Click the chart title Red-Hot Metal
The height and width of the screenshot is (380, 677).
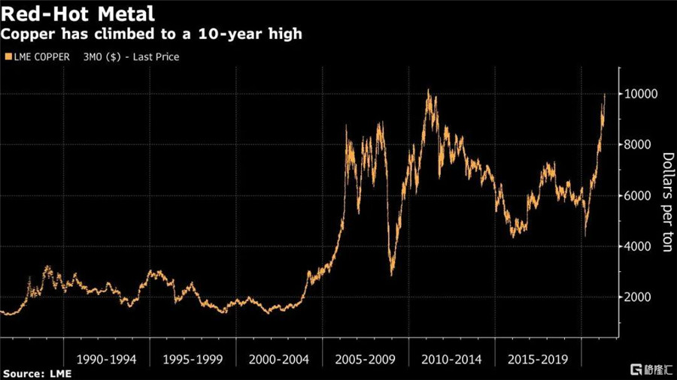tap(77, 14)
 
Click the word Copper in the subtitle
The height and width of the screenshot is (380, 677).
tap(28, 35)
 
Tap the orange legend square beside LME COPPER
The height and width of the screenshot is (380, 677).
tap(8, 56)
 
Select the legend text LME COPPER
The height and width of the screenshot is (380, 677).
tap(42, 57)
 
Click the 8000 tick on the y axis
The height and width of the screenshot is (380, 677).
tap(637, 144)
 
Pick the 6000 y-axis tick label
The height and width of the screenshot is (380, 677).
tap(637, 195)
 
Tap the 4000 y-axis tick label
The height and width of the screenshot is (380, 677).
tap(637, 246)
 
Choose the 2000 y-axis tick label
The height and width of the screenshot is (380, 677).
tap(637, 297)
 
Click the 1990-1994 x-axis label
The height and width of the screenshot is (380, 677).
tap(106, 359)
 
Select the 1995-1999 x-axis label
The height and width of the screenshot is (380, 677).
tap(193, 359)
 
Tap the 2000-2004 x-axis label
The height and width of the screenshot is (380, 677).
tap(279, 359)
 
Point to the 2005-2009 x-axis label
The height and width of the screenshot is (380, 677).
tap(366, 359)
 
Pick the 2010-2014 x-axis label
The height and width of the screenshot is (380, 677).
tap(451, 359)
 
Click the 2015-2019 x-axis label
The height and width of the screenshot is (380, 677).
tap(538, 359)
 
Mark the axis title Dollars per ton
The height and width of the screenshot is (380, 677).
tap(667, 202)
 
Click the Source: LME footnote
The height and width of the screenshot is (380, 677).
tap(37, 373)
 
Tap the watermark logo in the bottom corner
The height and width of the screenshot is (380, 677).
tap(651, 369)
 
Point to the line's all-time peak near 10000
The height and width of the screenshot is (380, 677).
tap(428, 90)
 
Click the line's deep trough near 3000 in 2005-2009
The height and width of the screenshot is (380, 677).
tap(392, 275)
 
